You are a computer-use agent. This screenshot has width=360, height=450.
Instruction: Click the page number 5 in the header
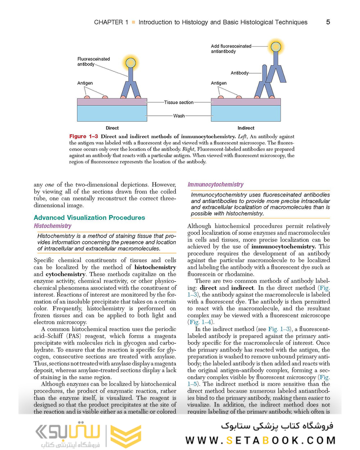click(x=328, y=22)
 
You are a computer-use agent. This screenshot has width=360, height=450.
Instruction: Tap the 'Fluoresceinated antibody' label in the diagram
click(x=94, y=62)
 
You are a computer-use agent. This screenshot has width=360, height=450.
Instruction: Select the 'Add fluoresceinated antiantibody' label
click(x=231, y=49)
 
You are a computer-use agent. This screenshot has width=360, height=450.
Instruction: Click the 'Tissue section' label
click(x=178, y=102)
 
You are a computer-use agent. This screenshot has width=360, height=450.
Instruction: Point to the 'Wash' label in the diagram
click(x=179, y=116)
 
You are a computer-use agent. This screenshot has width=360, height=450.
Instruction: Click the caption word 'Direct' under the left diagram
click(x=112, y=128)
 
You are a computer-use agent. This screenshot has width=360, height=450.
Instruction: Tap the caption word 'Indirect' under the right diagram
click(x=246, y=128)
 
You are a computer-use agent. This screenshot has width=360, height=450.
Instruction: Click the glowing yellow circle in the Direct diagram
click(x=131, y=62)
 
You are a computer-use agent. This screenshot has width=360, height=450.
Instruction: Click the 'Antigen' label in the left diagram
click(x=85, y=83)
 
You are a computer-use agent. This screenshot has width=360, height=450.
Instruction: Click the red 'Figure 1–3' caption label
click(x=84, y=137)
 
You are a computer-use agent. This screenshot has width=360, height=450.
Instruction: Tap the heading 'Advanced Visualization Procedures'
click(x=89, y=218)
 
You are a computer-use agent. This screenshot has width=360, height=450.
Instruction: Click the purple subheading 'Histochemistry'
click(x=52, y=226)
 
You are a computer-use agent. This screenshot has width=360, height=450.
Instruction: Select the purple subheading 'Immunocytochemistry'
click(x=215, y=185)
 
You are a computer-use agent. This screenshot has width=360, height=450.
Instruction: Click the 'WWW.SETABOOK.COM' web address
click(x=260, y=440)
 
